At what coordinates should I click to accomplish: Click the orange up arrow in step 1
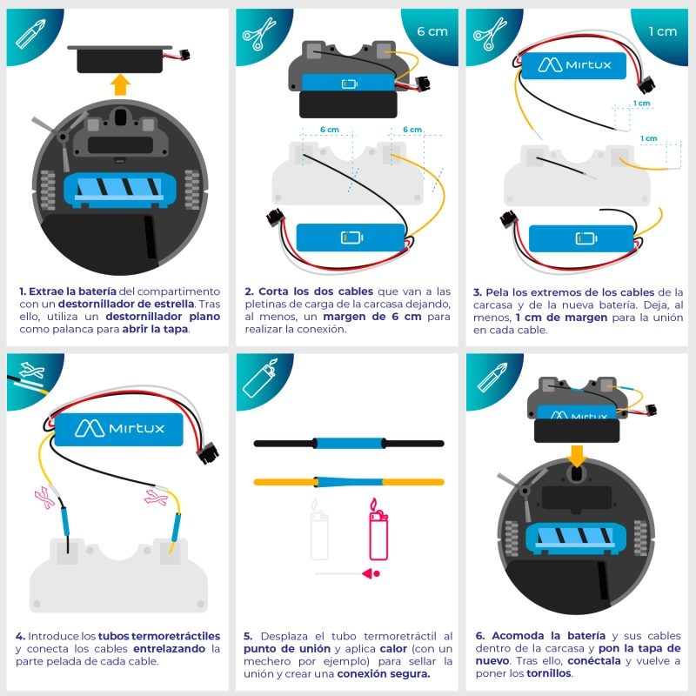(x=121, y=84)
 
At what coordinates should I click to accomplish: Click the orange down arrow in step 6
(x=577, y=456)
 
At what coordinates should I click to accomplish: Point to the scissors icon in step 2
(x=258, y=34)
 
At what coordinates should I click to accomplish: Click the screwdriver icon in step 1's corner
(x=31, y=33)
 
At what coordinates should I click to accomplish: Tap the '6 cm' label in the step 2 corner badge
(x=432, y=31)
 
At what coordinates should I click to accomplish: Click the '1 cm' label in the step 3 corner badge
(x=662, y=31)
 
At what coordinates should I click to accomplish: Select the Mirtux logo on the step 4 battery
(x=119, y=428)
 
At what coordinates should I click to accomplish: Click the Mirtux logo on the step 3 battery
(x=574, y=64)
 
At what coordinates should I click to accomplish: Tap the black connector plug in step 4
(x=208, y=452)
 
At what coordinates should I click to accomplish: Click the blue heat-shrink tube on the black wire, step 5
(x=350, y=443)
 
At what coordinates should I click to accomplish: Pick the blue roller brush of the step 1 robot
(x=120, y=190)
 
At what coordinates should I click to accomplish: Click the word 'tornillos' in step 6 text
(x=549, y=673)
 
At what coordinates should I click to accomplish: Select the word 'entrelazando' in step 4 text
(x=169, y=648)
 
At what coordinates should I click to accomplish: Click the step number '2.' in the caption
(x=249, y=291)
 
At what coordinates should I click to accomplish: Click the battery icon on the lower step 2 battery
(x=351, y=238)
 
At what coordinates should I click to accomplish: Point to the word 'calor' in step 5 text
(x=393, y=648)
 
